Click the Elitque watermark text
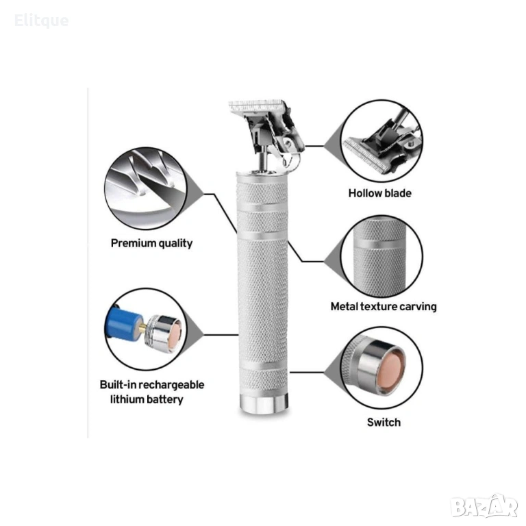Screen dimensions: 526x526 [42, 21]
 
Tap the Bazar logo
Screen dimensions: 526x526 [484, 507]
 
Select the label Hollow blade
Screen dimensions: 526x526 [379, 193]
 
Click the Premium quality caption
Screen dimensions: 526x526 [151, 244]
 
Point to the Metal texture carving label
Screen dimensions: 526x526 [384, 307]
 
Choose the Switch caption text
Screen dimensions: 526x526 [384, 422]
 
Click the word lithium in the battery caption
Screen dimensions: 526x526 [127, 399]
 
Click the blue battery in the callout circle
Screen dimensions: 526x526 [123, 325]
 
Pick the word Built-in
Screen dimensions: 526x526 [118, 384]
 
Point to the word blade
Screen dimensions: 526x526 [399, 193]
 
